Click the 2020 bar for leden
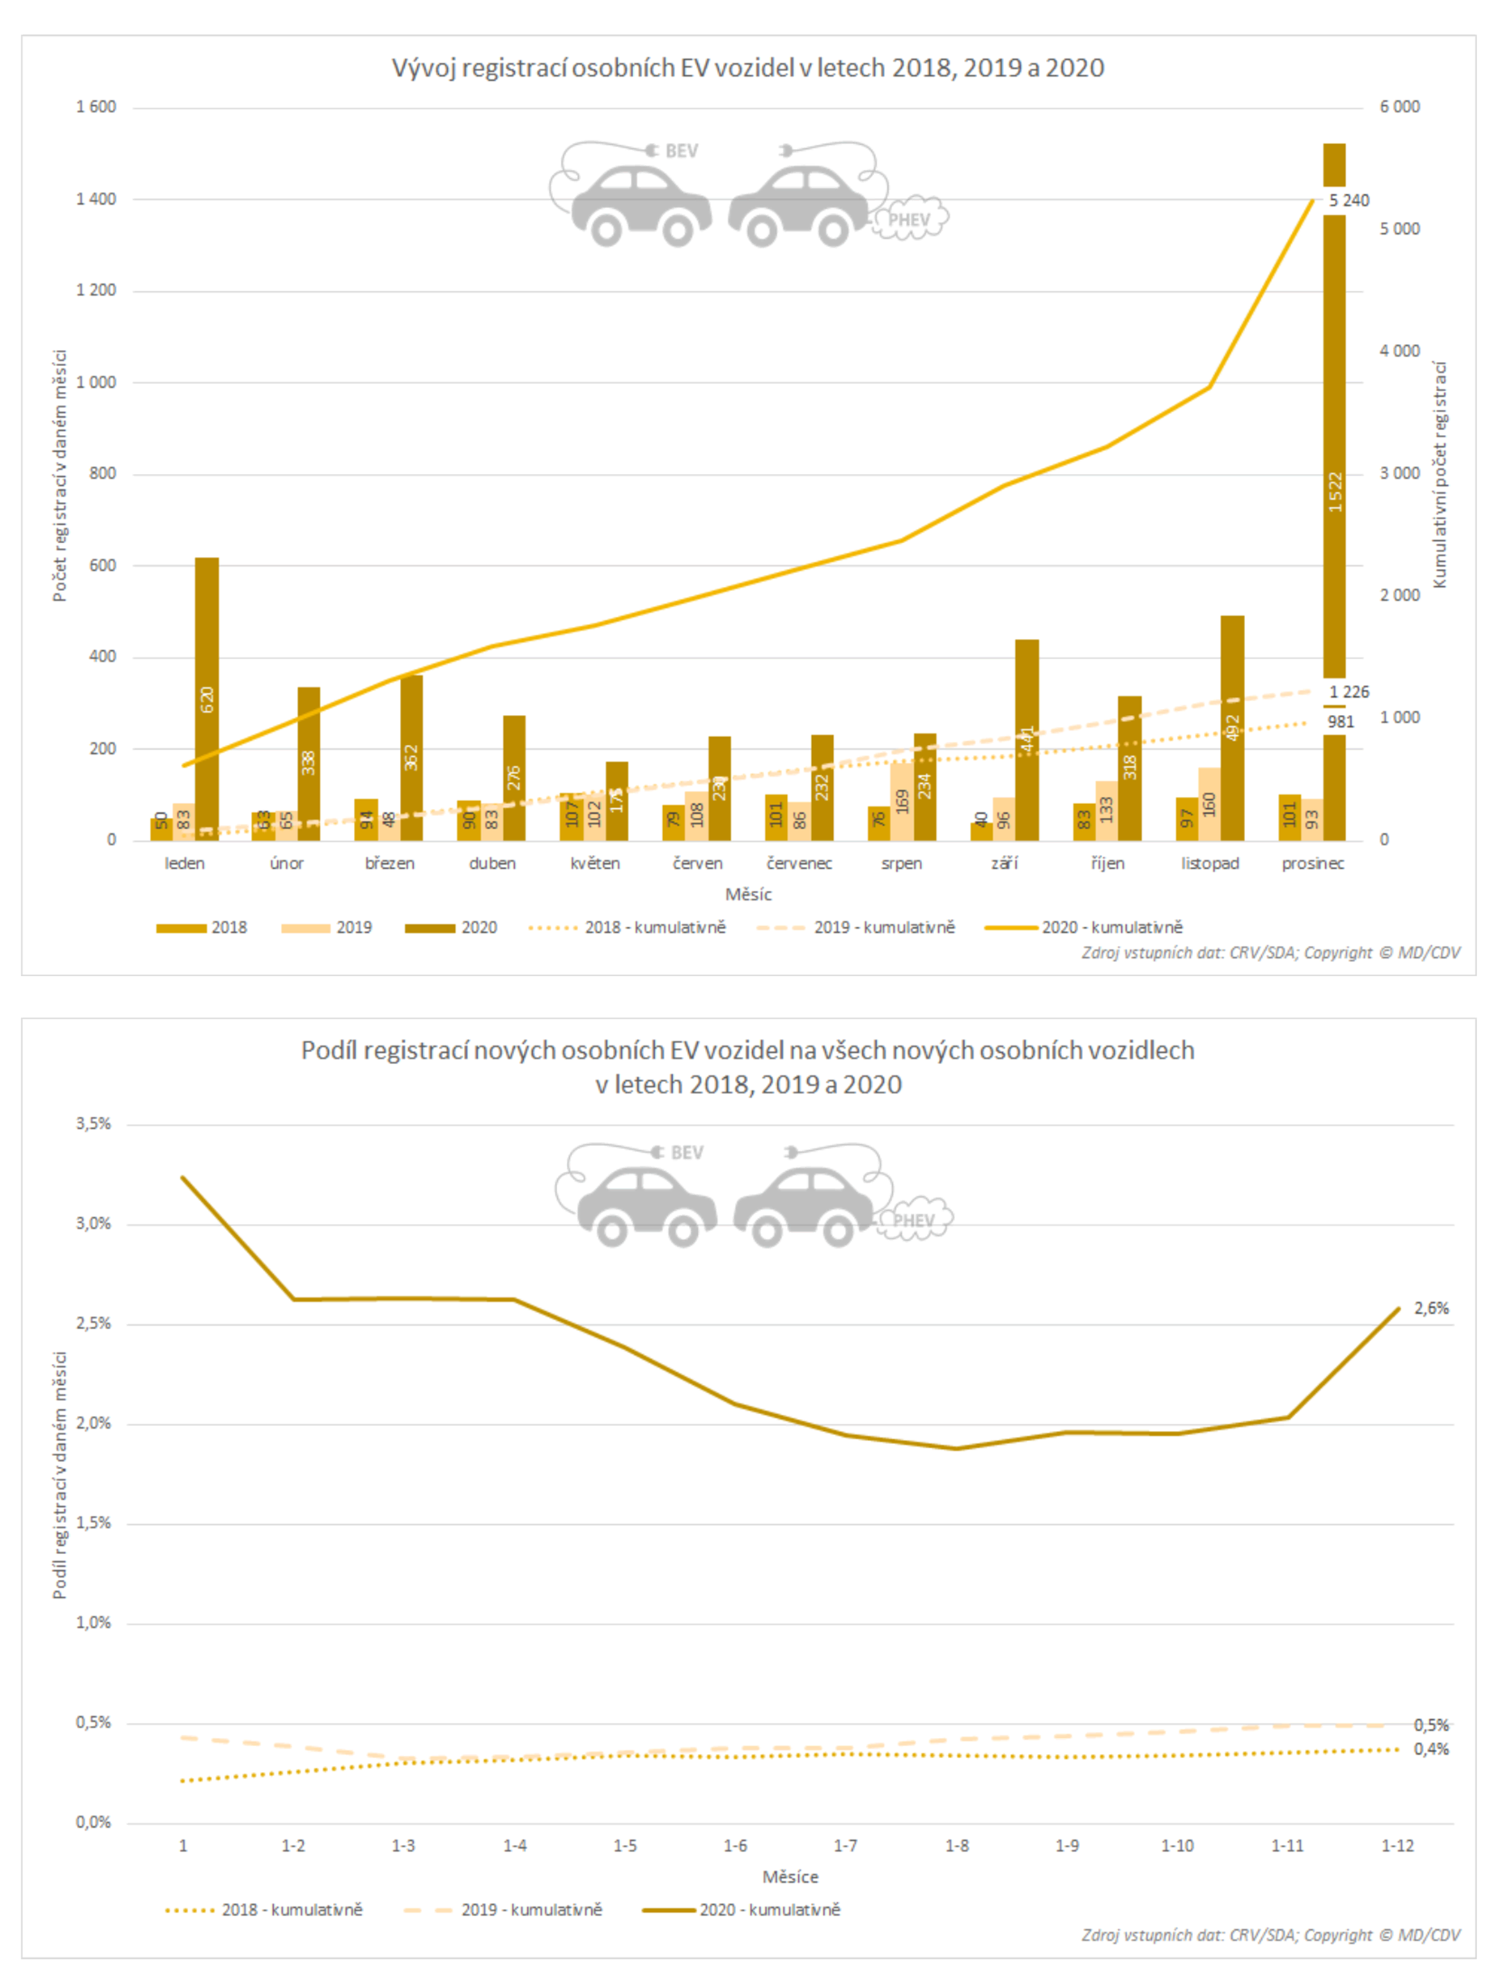click(x=206, y=700)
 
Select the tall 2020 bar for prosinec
click(x=1334, y=493)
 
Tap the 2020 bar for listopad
click(x=1232, y=728)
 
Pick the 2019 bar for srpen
click(x=902, y=801)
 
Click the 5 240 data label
click(x=1349, y=200)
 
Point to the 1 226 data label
click(x=1349, y=692)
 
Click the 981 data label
click(x=1341, y=721)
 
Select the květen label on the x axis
click(x=595, y=863)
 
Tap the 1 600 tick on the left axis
click(x=96, y=107)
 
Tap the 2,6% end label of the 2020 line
click(x=1431, y=1309)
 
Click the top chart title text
click(x=747, y=68)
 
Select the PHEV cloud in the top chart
click(x=909, y=219)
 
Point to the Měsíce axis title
click(x=790, y=1877)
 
